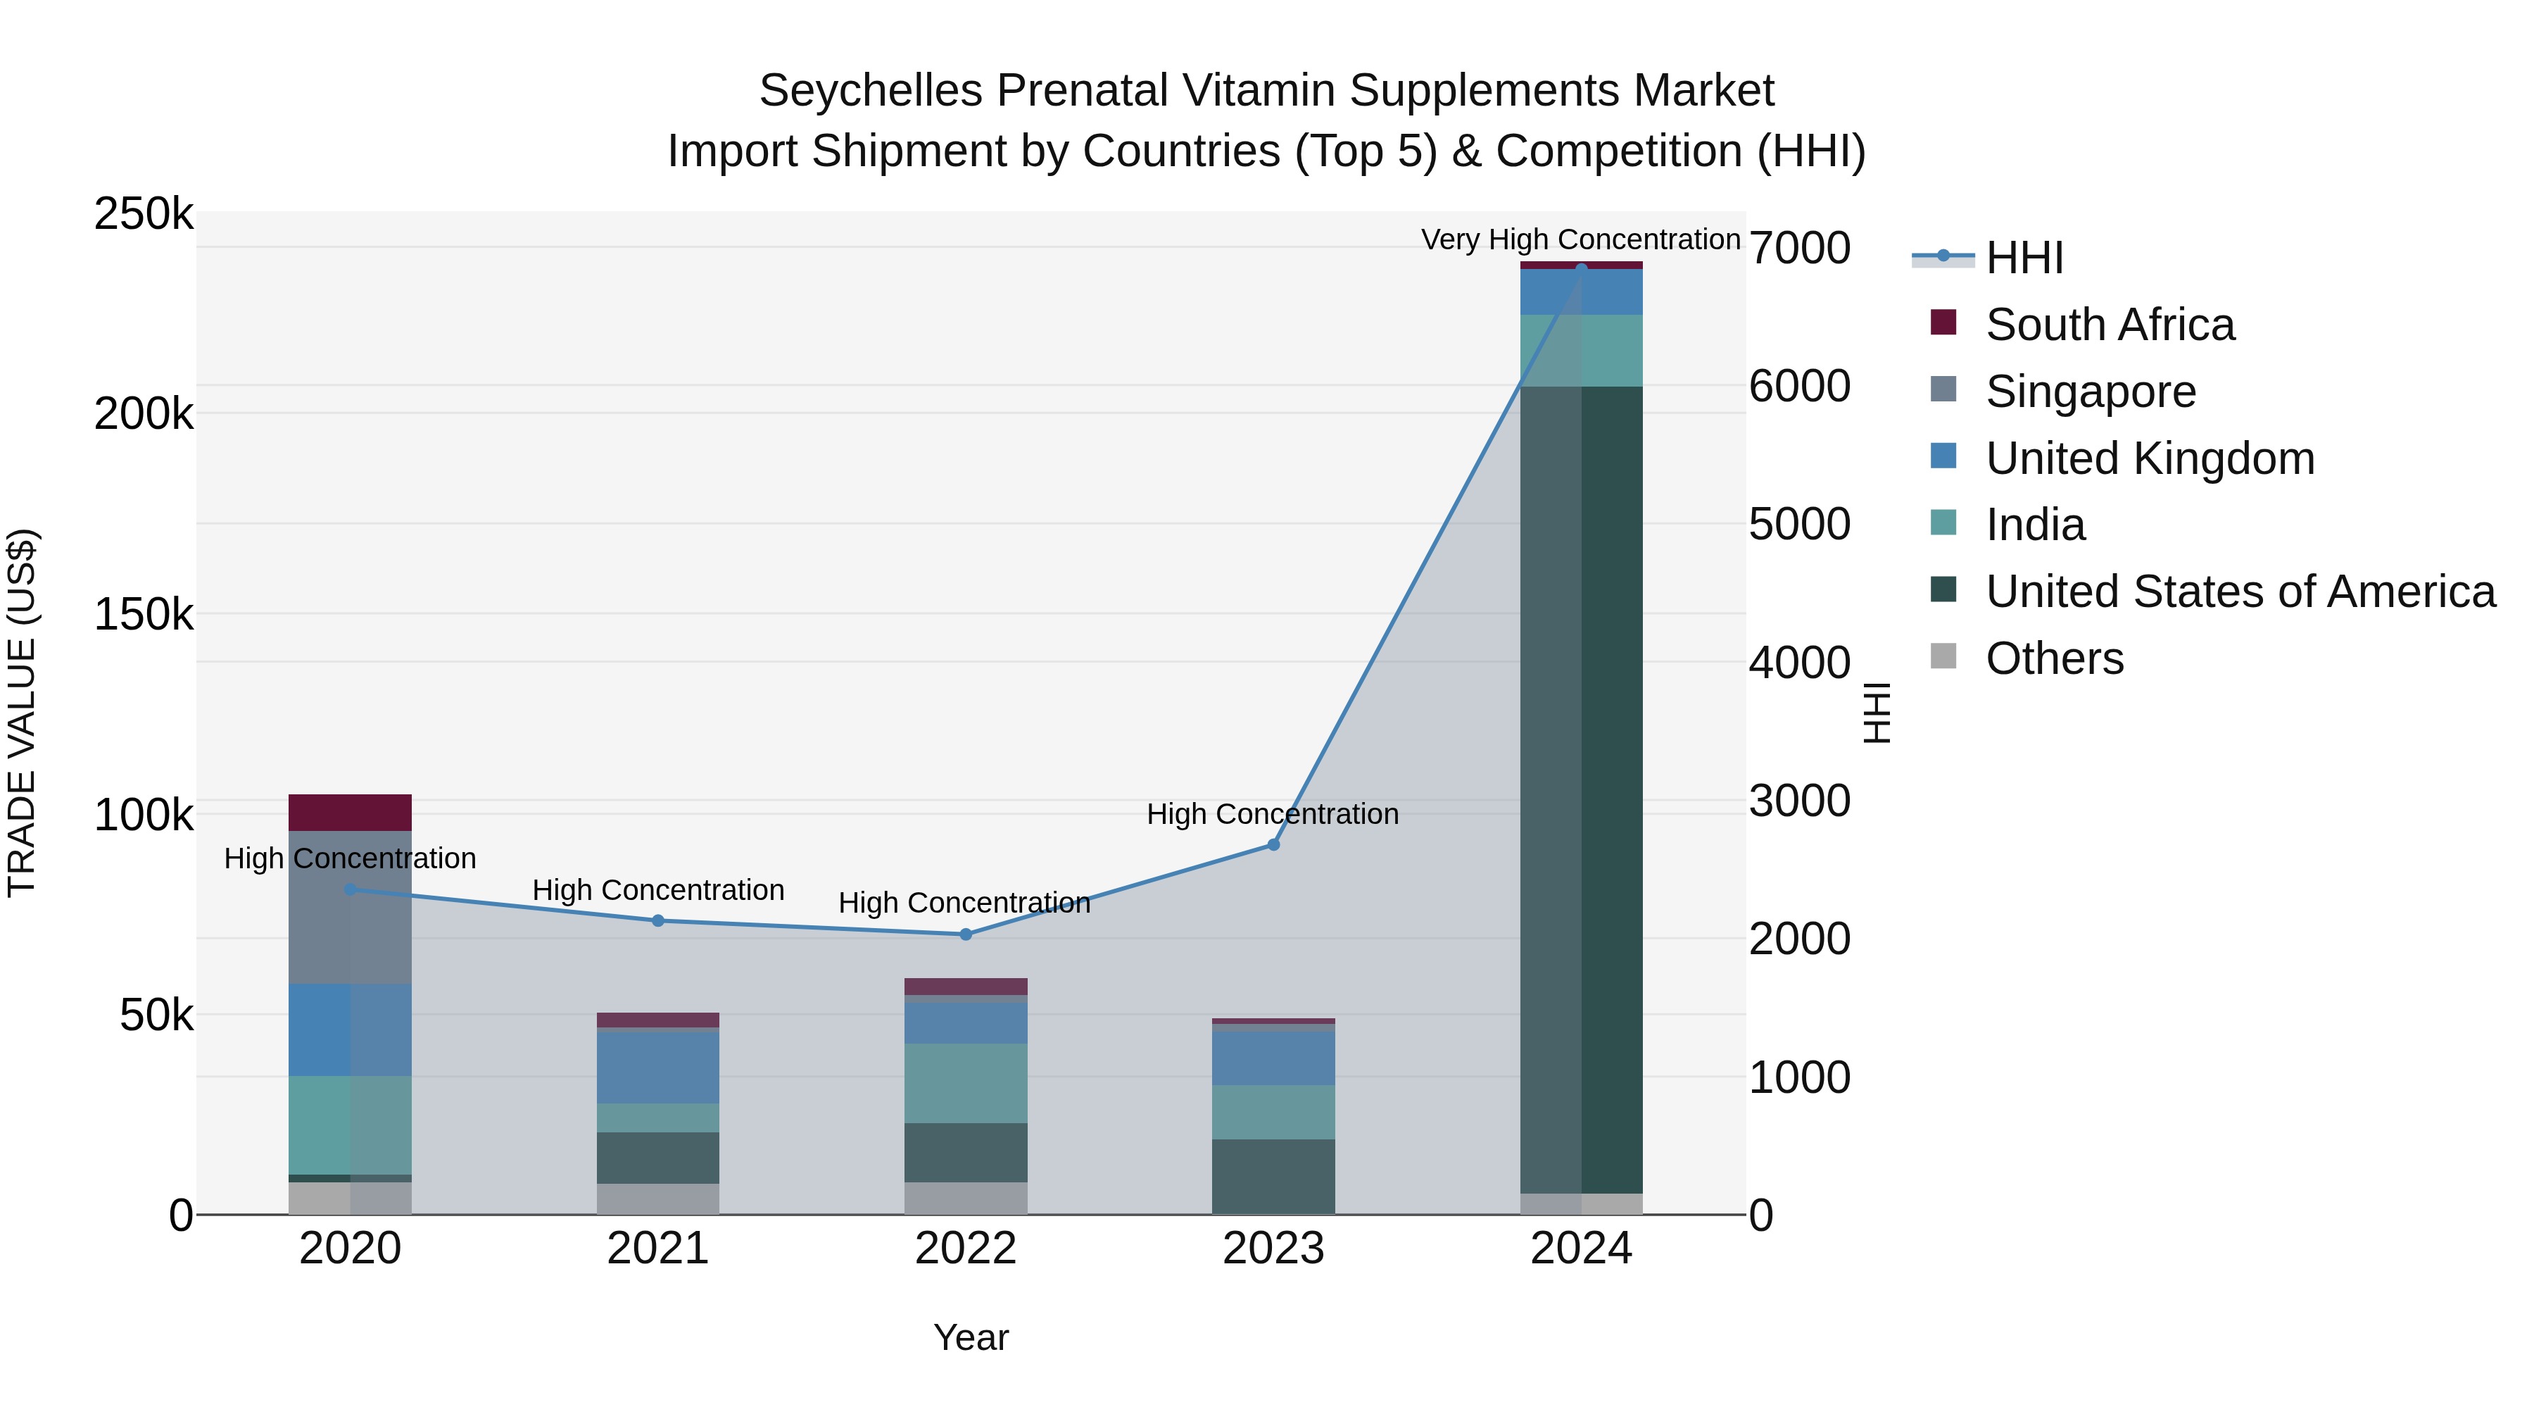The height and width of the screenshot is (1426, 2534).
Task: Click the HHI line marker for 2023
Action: (1273, 844)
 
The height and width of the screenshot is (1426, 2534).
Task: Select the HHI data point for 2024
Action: (1581, 268)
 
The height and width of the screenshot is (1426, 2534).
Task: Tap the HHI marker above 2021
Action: (658, 920)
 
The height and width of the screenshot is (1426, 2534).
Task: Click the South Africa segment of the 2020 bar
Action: (351, 812)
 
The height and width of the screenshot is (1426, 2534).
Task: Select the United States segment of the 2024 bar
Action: (1581, 787)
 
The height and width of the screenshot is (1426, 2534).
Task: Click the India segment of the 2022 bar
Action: (965, 1082)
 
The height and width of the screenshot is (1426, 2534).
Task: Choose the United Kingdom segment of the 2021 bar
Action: (658, 1068)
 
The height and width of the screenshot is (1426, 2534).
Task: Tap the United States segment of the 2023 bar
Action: (1273, 1176)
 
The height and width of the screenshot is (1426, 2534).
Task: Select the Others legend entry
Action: (2054, 658)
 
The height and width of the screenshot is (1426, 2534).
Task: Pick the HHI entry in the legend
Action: (2024, 258)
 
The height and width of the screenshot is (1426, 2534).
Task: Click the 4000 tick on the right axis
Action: (1799, 663)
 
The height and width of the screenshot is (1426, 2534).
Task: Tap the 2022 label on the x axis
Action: (965, 1248)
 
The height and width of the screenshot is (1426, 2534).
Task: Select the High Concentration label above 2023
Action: (1272, 814)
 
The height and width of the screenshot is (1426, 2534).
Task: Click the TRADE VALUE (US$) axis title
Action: (22, 713)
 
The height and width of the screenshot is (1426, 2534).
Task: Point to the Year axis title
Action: (971, 1337)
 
